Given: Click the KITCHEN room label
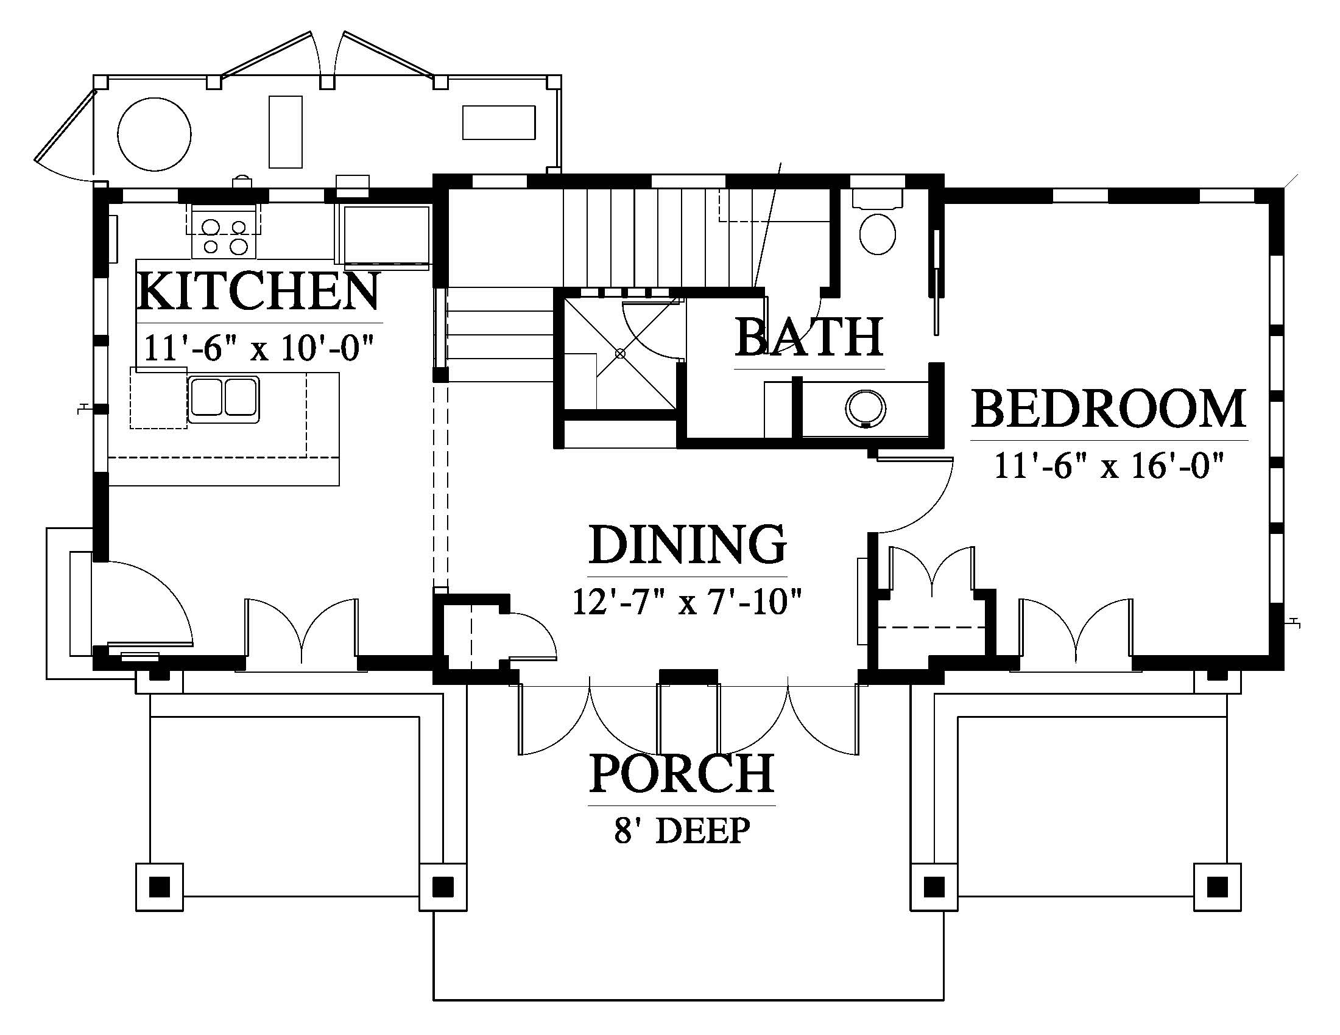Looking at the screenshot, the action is tap(258, 292).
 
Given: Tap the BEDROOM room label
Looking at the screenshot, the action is tap(1109, 409).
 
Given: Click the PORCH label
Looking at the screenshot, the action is tap(681, 773).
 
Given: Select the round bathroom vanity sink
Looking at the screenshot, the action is tap(866, 408).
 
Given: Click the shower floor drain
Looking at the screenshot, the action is tap(620, 353).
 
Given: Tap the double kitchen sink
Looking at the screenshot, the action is tap(224, 399).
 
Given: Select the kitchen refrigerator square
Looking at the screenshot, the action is tap(386, 236).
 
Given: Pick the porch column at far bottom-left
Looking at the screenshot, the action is tap(159, 886).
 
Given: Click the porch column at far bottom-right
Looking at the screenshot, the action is tap(1217, 886).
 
